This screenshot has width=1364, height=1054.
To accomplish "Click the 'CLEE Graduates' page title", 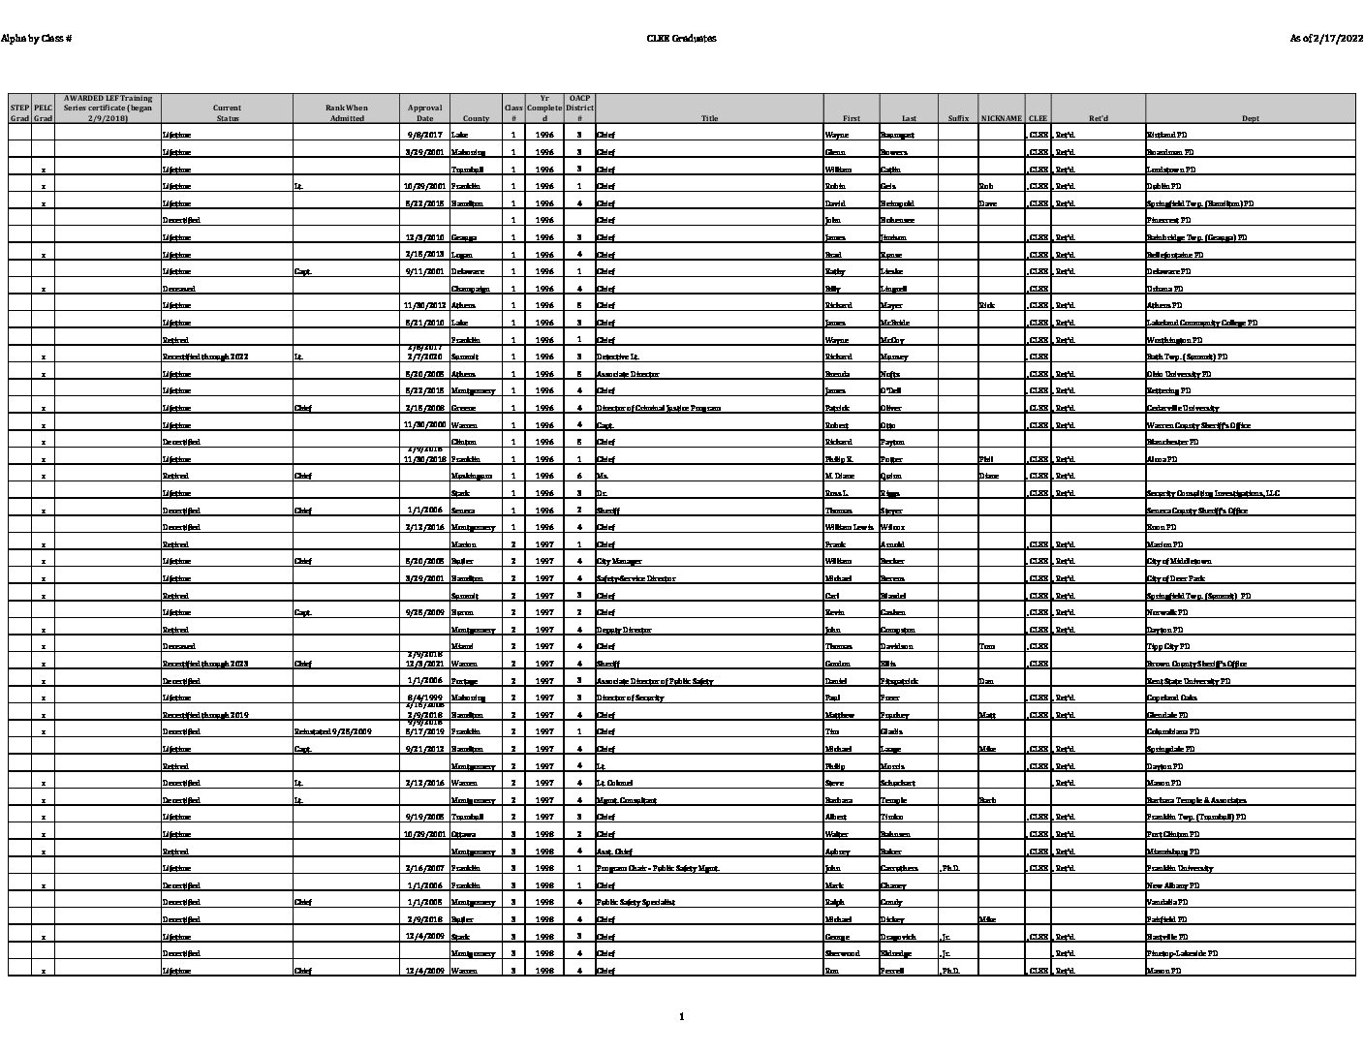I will pyautogui.click(x=681, y=39).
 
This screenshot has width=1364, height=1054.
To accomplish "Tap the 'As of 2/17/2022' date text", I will pyautogui.click(x=1325, y=39).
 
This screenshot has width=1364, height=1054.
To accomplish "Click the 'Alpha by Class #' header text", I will pyautogui.click(x=37, y=39).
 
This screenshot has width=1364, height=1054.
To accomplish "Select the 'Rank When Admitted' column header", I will pyautogui.click(x=346, y=112).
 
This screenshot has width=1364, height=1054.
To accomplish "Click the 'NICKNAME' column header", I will pyautogui.click(x=1001, y=118).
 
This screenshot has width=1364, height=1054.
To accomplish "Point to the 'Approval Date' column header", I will pyautogui.click(x=424, y=112).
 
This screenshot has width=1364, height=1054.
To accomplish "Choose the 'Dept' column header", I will pyautogui.click(x=1250, y=118).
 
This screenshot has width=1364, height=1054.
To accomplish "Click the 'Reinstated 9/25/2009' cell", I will pyautogui.click(x=332, y=731).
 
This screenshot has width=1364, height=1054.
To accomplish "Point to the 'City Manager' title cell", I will pyautogui.click(x=619, y=561).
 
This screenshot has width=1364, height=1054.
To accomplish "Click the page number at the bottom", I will pyautogui.click(x=682, y=1016).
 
